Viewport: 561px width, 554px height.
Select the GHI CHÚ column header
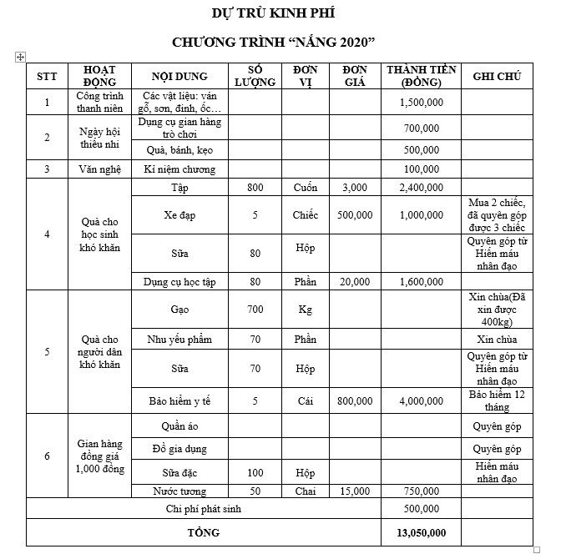497,76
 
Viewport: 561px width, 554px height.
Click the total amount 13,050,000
421,532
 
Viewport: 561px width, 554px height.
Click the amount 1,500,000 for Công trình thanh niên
421,102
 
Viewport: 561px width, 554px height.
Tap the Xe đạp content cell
179,215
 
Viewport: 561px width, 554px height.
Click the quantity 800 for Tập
255,188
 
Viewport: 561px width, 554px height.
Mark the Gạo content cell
179,310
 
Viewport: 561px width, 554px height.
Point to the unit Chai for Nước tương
305,491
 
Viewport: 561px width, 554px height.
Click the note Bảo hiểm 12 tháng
497,400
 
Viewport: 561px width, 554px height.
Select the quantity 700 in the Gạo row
255,310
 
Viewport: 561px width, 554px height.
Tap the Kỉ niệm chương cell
179,169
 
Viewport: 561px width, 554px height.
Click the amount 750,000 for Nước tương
421,491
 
